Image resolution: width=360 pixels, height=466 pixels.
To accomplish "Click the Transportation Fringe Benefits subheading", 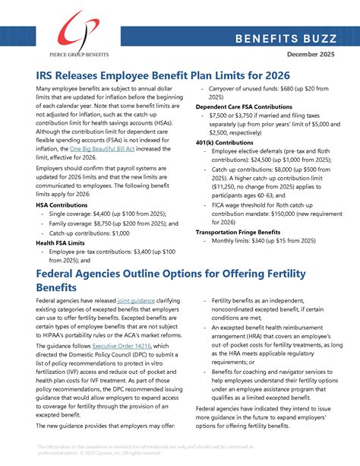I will (x=243, y=233).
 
